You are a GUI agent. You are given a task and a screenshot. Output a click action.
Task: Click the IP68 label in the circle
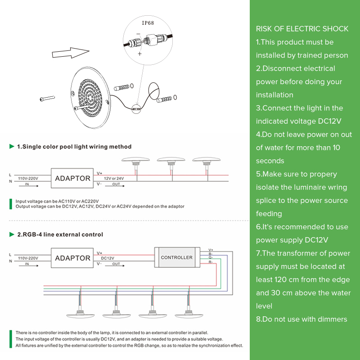(148, 23)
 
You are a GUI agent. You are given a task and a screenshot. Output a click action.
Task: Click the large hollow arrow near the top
(71, 53)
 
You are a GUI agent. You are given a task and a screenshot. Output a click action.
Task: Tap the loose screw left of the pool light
(47, 99)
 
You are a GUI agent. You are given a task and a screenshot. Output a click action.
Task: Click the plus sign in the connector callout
(139, 54)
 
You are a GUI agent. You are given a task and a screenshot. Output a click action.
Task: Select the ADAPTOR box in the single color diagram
(72, 178)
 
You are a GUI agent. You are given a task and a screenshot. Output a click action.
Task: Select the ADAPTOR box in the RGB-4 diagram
(72, 258)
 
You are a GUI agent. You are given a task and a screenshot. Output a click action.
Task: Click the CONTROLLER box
(177, 257)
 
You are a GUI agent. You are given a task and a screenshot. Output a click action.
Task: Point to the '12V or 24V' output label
(114, 178)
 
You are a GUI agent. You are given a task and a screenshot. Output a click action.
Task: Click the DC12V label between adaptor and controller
(108, 258)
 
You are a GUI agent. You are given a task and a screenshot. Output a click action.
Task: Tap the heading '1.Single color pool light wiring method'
(74, 147)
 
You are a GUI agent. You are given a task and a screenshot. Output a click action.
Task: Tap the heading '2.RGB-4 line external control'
(60, 234)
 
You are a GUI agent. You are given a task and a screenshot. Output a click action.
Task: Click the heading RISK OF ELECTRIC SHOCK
(302, 29)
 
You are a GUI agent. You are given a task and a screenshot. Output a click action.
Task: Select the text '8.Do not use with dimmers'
(301, 319)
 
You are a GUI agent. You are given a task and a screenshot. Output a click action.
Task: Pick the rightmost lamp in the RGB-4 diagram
(189, 314)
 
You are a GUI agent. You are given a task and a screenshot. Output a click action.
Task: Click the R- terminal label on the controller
(211, 262)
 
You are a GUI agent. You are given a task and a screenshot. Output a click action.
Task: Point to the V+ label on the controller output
(211, 250)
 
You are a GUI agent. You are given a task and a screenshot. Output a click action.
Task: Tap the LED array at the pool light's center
(90, 98)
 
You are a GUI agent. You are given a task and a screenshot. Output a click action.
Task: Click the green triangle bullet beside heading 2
(12, 234)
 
